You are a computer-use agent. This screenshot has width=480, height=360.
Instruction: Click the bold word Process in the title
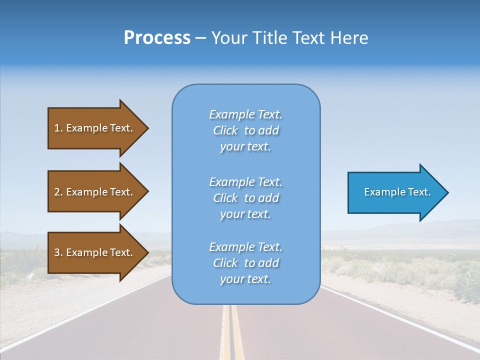click(x=157, y=38)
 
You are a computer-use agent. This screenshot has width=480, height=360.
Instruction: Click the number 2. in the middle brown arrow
click(x=58, y=192)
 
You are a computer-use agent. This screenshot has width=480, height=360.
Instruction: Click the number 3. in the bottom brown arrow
click(x=58, y=252)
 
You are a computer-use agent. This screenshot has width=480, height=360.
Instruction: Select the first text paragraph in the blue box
click(x=245, y=130)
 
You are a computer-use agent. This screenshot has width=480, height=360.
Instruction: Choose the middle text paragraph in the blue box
click(x=245, y=198)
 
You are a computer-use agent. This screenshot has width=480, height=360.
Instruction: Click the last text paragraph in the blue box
click(x=245, y=263)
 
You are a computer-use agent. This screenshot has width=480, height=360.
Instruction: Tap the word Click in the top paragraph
click(x=225, y=130)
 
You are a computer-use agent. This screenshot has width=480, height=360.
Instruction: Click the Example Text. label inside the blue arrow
click(x=397, y=192)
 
